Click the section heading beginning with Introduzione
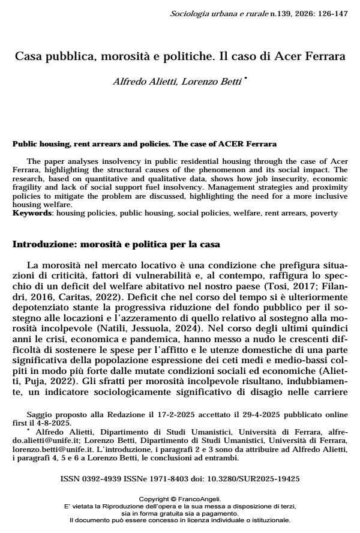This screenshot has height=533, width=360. click(117, 245)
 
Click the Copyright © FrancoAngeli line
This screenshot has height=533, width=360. click(180, 499)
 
